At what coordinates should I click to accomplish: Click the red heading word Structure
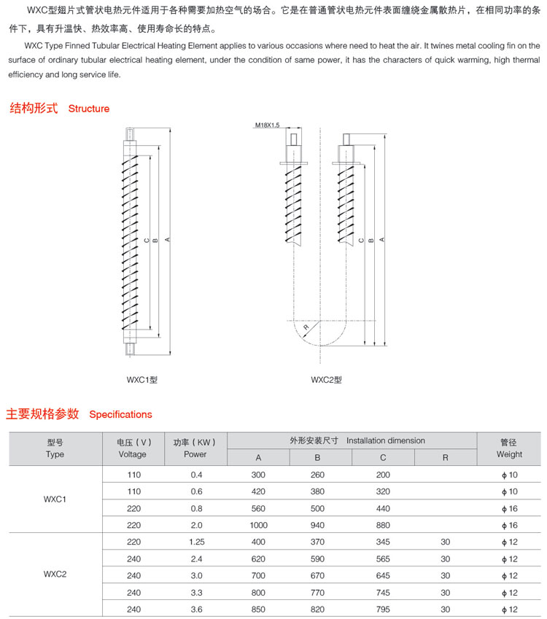tap(88, 109)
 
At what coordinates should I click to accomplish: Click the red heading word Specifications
tap(120, 414)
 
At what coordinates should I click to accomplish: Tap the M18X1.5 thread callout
tap(268, 125)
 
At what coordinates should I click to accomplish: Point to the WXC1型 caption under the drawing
tap(141, 379)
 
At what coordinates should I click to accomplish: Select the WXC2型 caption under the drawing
tap(326, 379)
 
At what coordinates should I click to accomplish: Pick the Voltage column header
tap(132, 454)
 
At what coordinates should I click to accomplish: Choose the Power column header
tap(195, 454)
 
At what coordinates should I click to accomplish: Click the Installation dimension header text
tap(385, 440)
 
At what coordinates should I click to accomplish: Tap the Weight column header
tap(509, 454)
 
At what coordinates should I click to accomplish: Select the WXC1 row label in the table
tap(55, 499)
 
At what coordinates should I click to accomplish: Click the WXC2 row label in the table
tap(55, 575)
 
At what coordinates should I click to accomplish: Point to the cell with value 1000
tap(258, 525)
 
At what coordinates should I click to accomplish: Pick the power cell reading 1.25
tap(195, 542)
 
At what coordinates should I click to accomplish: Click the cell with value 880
tap(383, 525)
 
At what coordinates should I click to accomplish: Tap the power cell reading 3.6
tap(195, 609)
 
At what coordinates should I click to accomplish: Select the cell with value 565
tap(383, 558)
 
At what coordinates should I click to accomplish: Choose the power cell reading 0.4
tap(195, 475)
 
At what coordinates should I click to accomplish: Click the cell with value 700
tap(258, 575)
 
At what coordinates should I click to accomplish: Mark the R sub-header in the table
tap(445, 457)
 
